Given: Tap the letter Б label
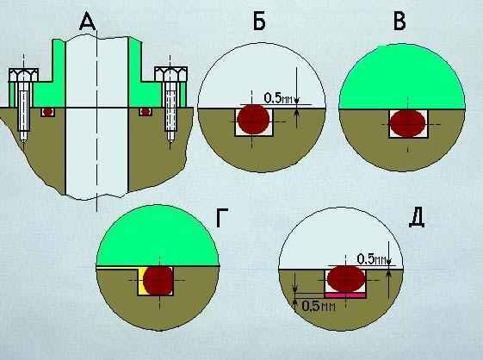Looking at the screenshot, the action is [259, 22].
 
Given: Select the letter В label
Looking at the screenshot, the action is [399, 22].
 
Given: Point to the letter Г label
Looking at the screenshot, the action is [222, 218].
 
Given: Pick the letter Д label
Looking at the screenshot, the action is [417, 219].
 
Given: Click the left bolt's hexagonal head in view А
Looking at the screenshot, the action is [24, 75].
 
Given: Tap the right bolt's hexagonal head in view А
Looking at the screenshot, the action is [170, 74].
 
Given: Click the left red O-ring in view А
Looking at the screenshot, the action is [47, 112].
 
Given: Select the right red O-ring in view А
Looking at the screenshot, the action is [146, 112].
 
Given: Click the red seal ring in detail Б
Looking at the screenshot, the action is [253, 120].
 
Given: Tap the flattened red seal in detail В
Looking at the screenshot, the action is [408, 123].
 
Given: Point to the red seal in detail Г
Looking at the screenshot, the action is [158, 281].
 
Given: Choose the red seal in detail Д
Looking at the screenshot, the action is [346, 279].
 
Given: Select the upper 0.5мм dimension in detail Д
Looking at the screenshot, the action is [371, 259].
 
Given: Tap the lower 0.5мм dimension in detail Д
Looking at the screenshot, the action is [319, 306].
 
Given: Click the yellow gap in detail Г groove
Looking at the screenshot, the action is [142, 281].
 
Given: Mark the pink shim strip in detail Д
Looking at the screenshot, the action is [345, 295].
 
